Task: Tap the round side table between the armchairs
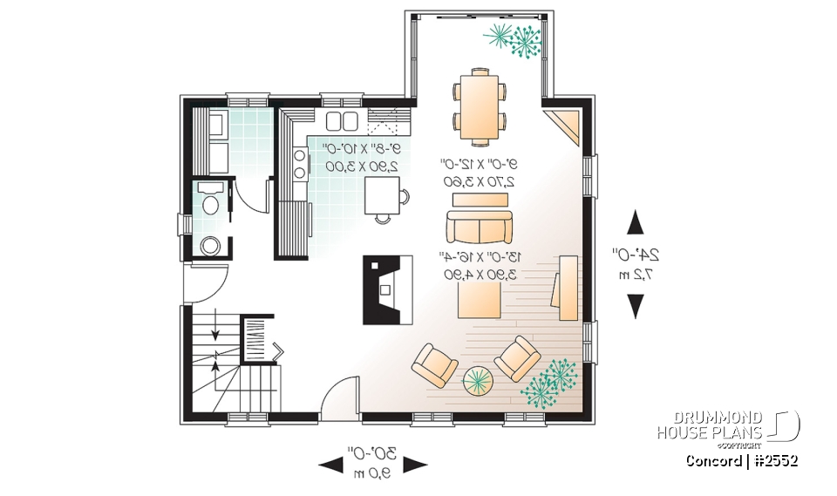(x=476, y=379)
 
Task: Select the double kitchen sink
(x=342, y=120)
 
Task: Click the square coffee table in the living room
(x=479, y=302)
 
